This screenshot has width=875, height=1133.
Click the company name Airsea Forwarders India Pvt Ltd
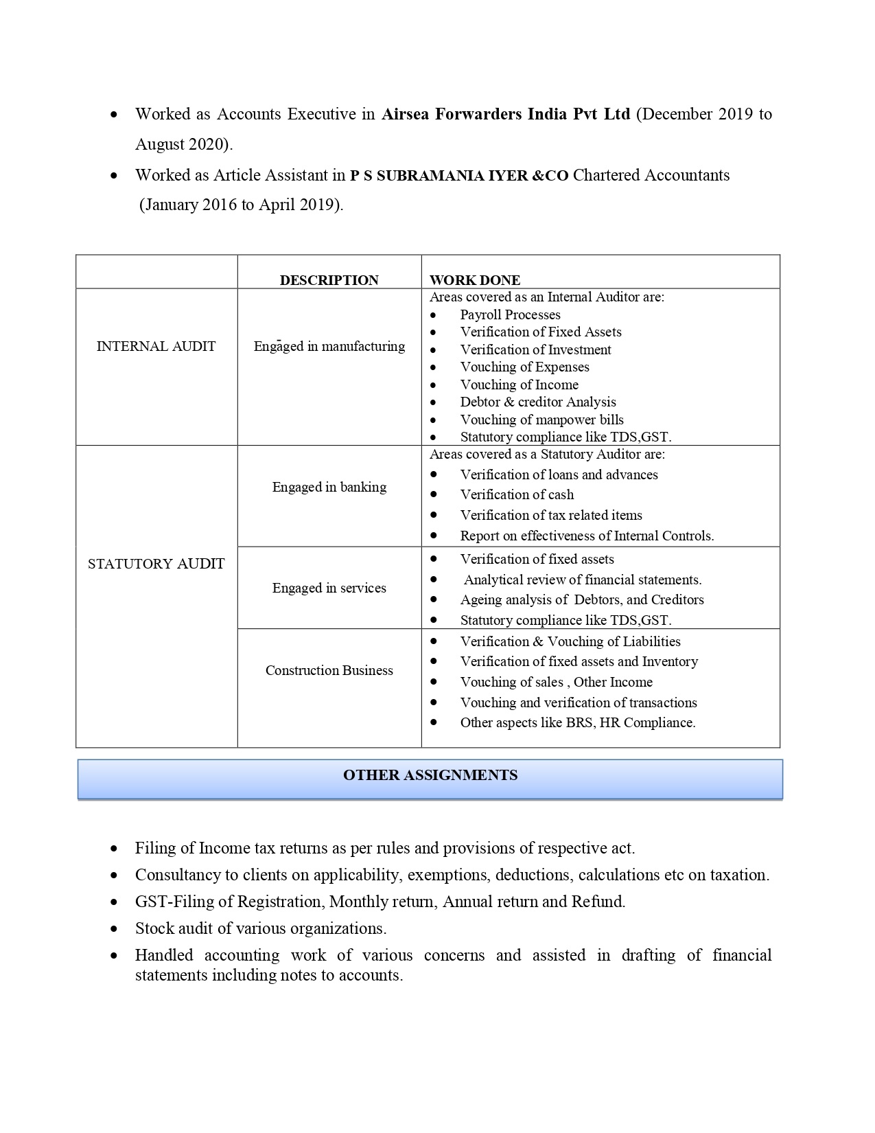[505, 114]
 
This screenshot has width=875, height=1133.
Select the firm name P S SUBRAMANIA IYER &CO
[459, 176]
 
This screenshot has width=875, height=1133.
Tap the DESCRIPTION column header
[329, 280]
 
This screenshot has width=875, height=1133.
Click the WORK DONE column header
[475, 280]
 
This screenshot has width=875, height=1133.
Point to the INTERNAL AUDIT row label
[156, 347]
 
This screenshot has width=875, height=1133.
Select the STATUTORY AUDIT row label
[156, 564]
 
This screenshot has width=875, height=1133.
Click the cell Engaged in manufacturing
[329, 347]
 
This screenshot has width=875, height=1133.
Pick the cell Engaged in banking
[329, 488]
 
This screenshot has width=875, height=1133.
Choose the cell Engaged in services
[329, 588]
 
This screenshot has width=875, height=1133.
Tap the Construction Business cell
[329, 671]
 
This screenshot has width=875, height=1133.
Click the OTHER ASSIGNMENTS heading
[430, 776]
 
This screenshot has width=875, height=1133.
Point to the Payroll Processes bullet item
[510, 315]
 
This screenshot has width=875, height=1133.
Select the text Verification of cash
[517, 495]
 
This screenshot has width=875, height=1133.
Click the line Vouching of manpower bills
[541, 420]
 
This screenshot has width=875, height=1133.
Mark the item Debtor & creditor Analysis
[538, 402]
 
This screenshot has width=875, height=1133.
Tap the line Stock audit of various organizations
[261, 929]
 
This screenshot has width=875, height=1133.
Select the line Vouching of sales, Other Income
[556, 683]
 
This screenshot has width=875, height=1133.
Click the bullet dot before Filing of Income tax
[114, 849]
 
